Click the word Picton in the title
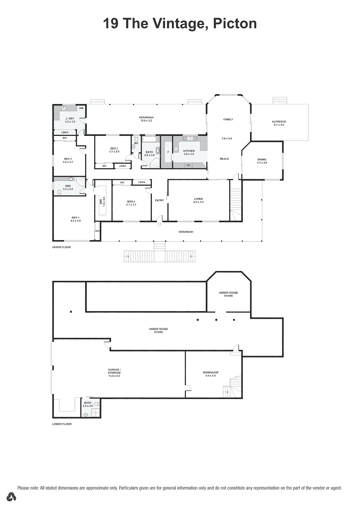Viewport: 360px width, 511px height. (235, 23)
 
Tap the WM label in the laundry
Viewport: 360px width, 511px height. (81, 108)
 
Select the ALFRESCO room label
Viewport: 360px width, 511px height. (279, 121)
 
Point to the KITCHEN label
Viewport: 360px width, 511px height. (189, 151)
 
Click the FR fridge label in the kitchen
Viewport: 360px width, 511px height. (188, 165)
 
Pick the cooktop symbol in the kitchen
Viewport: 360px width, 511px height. (176, 149)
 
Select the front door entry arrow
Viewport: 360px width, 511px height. (160, 224)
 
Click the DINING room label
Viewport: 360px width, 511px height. (262, 160)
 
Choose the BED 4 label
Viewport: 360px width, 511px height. (131, 202)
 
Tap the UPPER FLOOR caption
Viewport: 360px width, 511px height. (61, 247)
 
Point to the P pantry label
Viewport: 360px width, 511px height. (168, 152)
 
